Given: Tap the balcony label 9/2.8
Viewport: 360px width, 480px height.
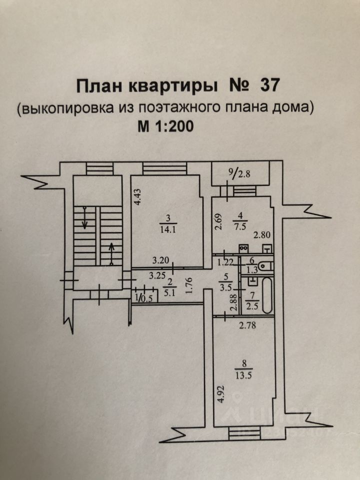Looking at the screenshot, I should [238, 173].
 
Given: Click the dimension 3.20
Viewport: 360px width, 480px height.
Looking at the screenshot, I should [161, 260].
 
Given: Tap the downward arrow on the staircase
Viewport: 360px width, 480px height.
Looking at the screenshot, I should [85, 218].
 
